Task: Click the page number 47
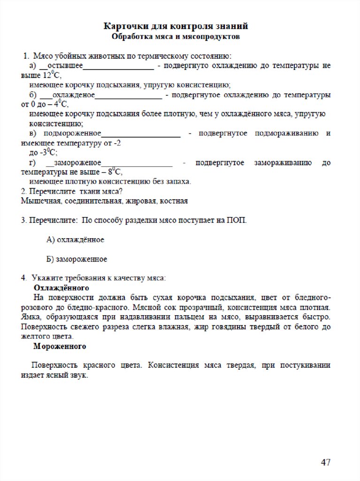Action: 325,462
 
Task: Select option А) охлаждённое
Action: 75,240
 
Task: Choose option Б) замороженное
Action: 77,259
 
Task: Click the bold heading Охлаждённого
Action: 61,287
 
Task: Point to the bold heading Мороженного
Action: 60,347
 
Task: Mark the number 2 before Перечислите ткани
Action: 23,191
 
